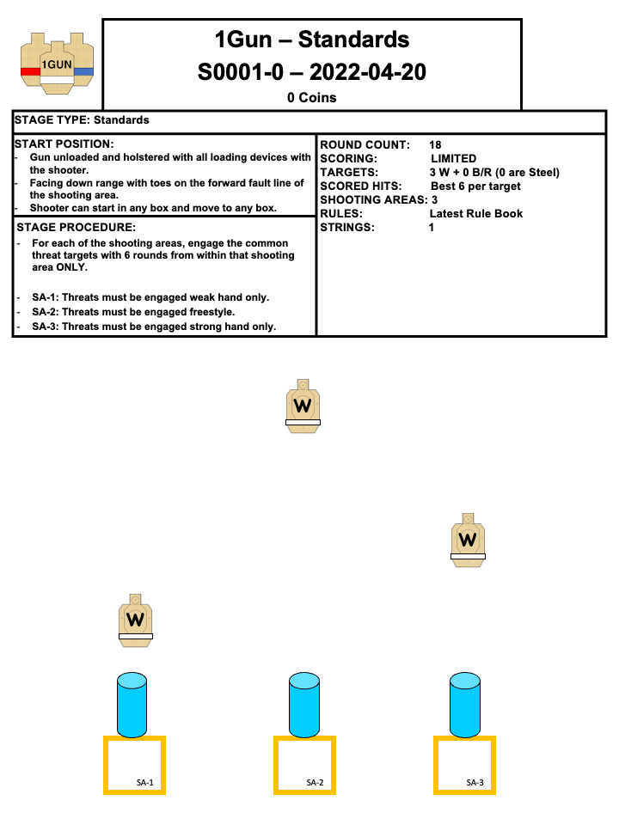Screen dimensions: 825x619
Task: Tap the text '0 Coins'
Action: (311, 98)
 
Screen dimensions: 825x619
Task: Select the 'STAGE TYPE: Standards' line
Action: (82, 120)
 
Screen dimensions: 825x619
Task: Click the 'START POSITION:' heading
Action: (64, 144)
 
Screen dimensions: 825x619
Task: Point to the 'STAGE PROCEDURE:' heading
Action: (76, 228)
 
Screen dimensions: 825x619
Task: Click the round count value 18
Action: (435, 144)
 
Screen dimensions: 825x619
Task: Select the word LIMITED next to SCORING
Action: (453, 158)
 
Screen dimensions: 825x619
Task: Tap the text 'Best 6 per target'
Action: (475, 186)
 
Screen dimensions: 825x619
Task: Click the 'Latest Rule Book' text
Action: (475, 213)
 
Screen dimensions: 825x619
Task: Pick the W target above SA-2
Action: (303, 405)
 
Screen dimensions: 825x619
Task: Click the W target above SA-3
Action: (468, 539)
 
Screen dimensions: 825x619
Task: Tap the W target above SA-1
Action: (135, 619)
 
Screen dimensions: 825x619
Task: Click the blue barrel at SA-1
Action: (132, 705)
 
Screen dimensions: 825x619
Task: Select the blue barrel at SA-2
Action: (304, 705)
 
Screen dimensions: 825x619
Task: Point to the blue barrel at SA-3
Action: (464, 705)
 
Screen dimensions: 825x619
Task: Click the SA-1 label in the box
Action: (144, 783)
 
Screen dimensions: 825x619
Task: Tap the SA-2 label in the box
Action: (315, 783)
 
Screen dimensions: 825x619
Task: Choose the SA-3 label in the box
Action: (475, 783)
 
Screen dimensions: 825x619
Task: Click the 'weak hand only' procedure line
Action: (150, 297)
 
